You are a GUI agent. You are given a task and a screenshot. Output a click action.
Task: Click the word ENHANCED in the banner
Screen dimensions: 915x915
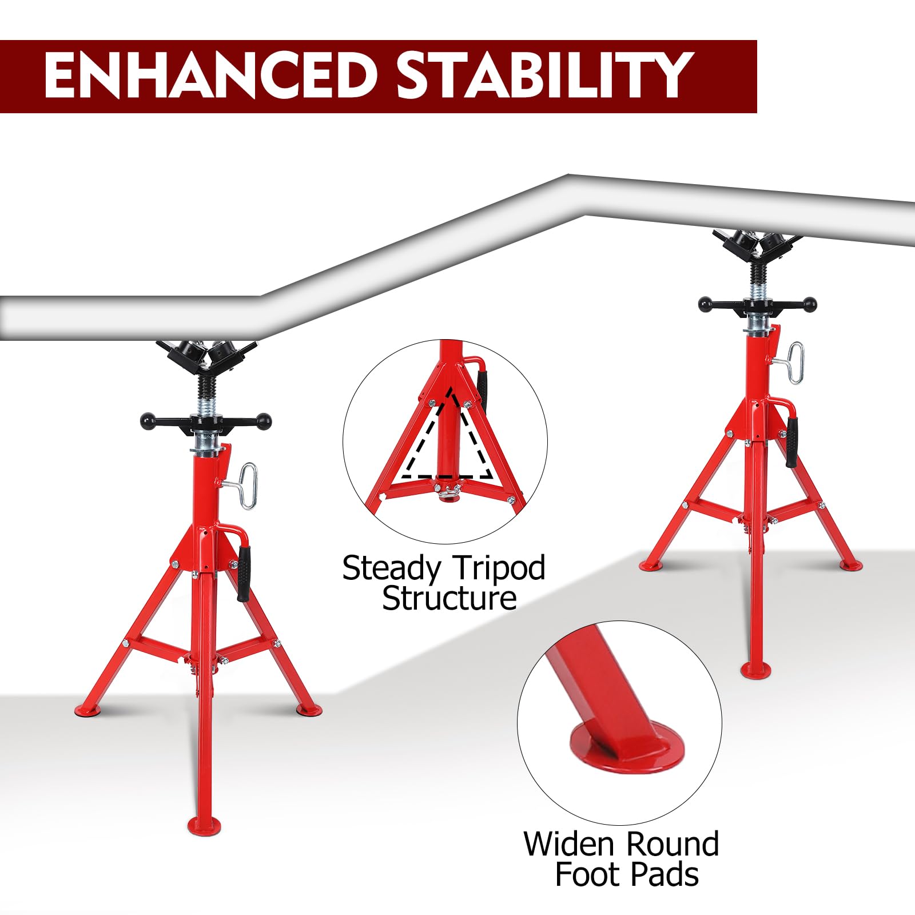point(210,76)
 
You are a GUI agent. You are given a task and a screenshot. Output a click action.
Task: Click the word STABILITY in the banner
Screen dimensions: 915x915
point(545,76)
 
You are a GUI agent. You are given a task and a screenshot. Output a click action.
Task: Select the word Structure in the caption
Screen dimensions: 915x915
point(449,599)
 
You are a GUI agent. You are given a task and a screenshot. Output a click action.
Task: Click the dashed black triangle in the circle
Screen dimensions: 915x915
point(447,435)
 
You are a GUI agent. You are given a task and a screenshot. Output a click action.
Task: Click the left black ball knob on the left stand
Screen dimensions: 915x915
point(149,421)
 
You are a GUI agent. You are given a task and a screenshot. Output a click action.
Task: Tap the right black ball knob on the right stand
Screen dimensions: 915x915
point(808,305)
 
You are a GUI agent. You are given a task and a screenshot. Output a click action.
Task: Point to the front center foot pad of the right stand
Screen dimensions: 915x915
point(756,670)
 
